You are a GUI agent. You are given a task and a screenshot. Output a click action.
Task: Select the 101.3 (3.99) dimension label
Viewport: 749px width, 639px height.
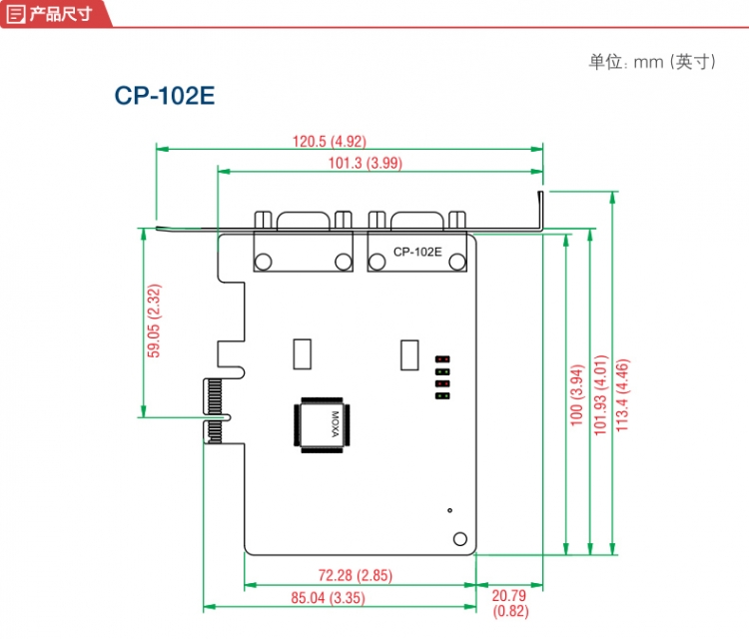click(x=366, y=163)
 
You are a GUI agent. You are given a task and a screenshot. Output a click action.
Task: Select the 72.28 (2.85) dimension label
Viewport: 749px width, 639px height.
click(x=356, y=575)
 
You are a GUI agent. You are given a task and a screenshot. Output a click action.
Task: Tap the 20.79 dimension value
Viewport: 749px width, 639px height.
click(x=509, y=596)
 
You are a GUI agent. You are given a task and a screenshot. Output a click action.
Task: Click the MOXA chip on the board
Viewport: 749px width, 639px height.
click(x=321, y=426)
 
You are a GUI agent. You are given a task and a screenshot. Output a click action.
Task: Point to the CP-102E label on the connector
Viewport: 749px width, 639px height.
click(x=417, y=252)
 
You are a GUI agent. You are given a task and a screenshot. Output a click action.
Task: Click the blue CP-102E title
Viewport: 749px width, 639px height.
click(x=165, y=96)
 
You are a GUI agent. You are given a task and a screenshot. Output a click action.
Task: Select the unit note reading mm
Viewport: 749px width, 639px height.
click(x=653, y=62)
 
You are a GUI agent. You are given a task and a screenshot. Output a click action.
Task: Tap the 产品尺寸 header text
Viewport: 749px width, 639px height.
click(x=60, y=13)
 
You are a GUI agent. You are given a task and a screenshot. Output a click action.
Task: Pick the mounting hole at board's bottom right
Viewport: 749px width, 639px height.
click(x=459, y=539)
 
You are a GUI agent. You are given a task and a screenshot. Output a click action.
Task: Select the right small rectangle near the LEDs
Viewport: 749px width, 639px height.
click(x=409, y=354)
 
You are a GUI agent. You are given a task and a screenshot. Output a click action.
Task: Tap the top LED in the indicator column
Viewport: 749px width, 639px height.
click(x=442, y=358)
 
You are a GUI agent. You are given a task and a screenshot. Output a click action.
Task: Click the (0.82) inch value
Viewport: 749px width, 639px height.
click(x=509, y=611)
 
